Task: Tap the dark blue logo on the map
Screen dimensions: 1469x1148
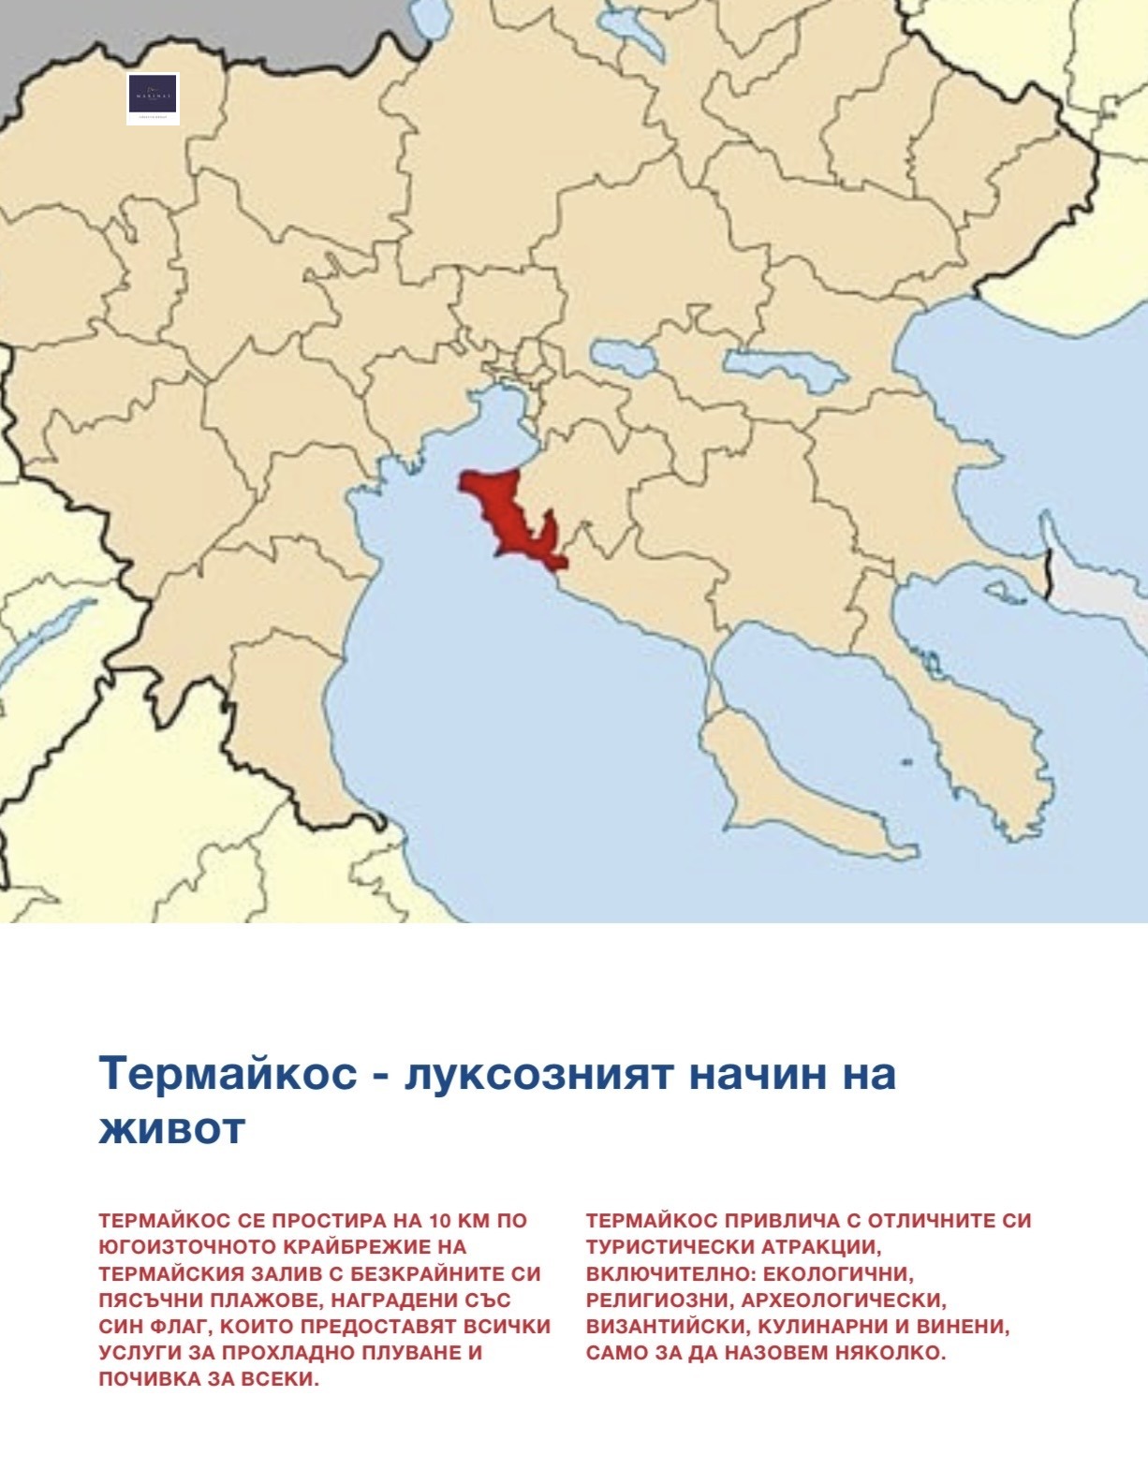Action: (153, 97)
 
